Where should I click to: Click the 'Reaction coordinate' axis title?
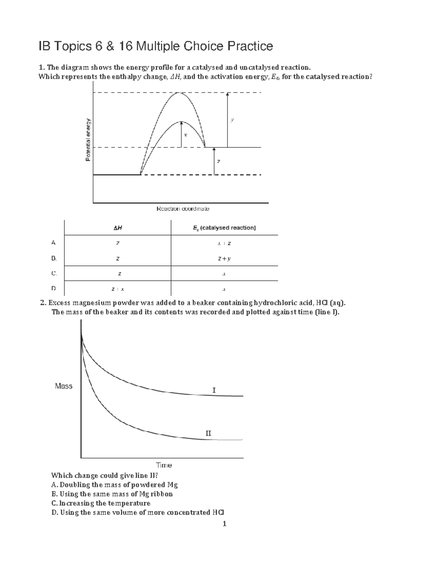(x=183, y=209)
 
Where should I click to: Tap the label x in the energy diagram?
(x=185, y=135)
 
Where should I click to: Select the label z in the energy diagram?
(x=218, y=161)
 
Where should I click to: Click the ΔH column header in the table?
(x=117, y=228)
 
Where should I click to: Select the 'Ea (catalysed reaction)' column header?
(x=224, y=228)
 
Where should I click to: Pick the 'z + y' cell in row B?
(x=224, y=259)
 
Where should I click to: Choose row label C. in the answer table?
(x=54, y=273)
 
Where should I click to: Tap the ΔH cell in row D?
(x=117, y=289)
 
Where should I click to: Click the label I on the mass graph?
(x=214, y=390)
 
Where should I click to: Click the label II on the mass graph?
(x=208, y=433)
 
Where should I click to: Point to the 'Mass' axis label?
(x=64, y=386)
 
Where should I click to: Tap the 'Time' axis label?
(x=164, y=465)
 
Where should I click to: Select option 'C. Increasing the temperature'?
(x=101, y=503)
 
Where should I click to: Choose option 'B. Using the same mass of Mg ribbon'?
(x=112, y=494)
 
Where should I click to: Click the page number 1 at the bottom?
(x=225, y=524)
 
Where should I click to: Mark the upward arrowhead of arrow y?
(x=227, y=94)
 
